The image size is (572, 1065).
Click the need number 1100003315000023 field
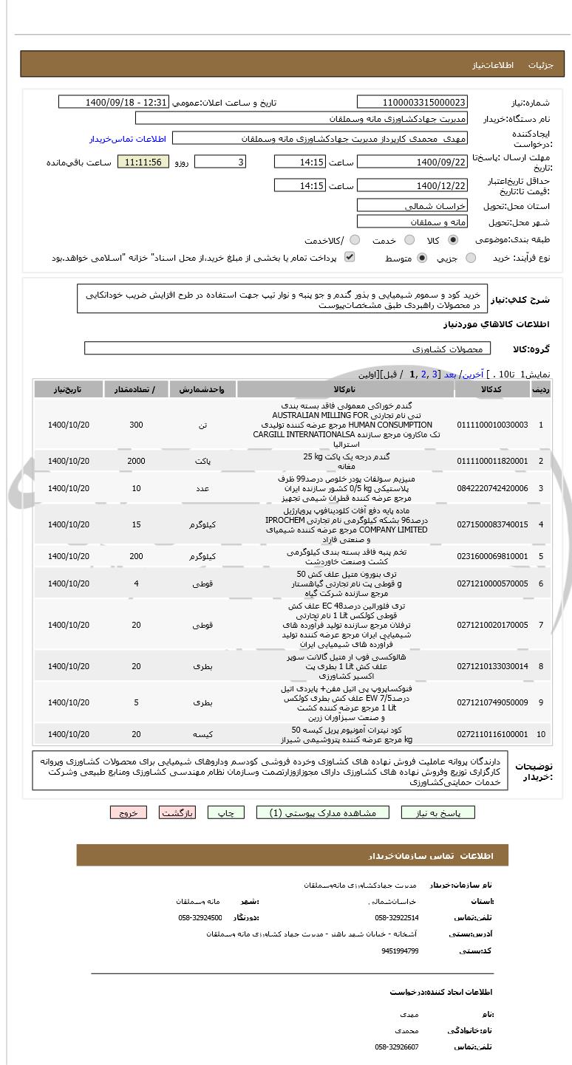coord(412,102)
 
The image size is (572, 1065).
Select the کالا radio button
coord(453,240)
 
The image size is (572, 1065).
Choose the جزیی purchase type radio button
coord(471,258)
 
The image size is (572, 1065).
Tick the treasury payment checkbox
coord(350,257)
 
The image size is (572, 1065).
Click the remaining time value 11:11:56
coord(143,162)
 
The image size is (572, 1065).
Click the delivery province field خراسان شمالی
coord(412,205)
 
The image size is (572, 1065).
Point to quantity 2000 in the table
coord(136,461)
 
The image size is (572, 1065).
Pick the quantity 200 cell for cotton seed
coord(136,556)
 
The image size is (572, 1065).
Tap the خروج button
coord(129,812)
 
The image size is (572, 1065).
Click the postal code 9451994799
coord(400,951)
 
